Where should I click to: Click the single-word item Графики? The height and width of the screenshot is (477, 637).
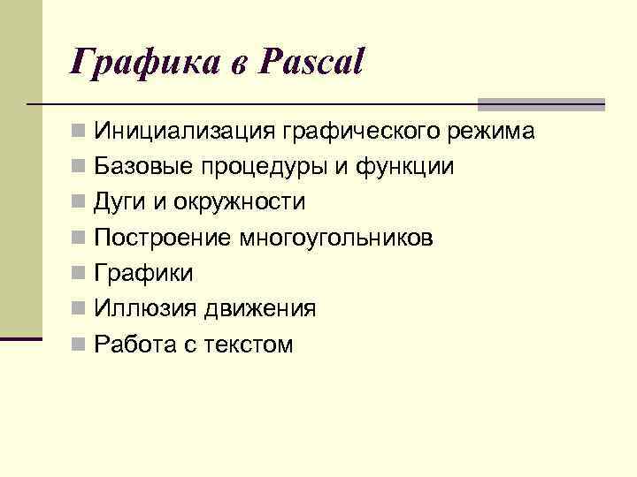tap(144, 274)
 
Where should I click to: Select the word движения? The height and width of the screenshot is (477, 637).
tap(260, 309)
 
